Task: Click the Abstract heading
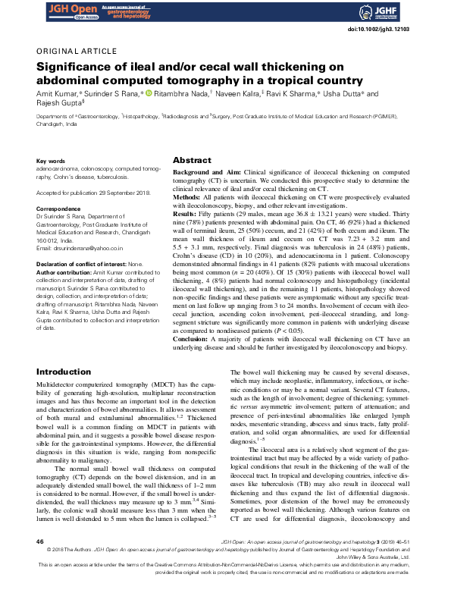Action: point(192,161)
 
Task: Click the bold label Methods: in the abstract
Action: point(189,198)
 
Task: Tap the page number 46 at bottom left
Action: point(40,563)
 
